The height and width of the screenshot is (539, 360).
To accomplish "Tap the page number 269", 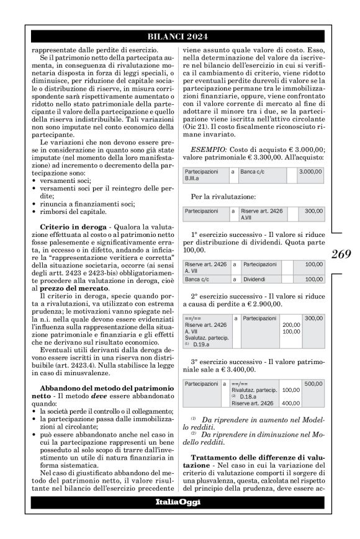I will coord(341,254).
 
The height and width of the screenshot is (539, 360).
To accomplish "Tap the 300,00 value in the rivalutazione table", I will coord(314,211).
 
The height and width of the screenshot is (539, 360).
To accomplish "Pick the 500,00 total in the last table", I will coord(313,384).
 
